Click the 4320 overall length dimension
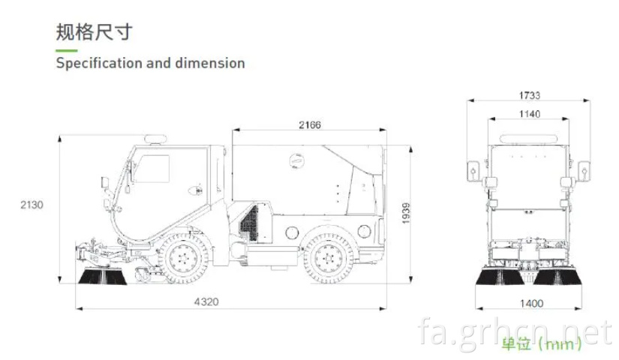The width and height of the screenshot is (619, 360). (x=206, y=302)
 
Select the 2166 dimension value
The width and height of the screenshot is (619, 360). (x=310, y=125)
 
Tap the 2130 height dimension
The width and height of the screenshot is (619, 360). (x=32, y=205)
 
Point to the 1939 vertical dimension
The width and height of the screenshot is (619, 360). (x=406, y=213)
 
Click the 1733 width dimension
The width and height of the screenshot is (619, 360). (x=530, y=95)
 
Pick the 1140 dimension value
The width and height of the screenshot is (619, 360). (x=530, y=114)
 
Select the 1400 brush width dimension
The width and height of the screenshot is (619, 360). (x=531, y=304)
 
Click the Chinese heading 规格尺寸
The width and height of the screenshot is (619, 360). (x=94, y=32)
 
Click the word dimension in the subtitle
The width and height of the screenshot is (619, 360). (x=209, y=63)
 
